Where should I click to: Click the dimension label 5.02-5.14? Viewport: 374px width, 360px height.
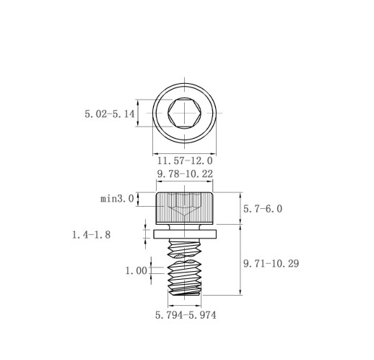pyautogui.click(x=110, y=113)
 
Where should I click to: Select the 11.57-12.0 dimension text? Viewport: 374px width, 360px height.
pyautogui.click(x=185, y=160)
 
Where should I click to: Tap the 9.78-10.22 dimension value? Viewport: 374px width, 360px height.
pyautogui.click(x=185, y=173)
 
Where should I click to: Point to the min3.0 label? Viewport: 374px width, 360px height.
pyautogui.click(x=117, y=199)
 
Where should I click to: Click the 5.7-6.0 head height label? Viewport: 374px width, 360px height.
pyautogui.click(x=263, y=209)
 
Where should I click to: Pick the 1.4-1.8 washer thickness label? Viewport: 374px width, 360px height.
pyautogui.click(x=91, y=235)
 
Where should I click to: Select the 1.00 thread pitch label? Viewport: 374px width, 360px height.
pyautogui.click(x=136, y=271)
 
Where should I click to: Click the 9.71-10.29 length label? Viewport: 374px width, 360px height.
pyautogui.click(x=271, y=264)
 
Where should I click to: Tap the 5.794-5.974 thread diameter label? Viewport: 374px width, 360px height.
pyautogui.click(x=186, y=315)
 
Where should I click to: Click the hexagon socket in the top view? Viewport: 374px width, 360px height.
pyautogui.click(x=185, y=113)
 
